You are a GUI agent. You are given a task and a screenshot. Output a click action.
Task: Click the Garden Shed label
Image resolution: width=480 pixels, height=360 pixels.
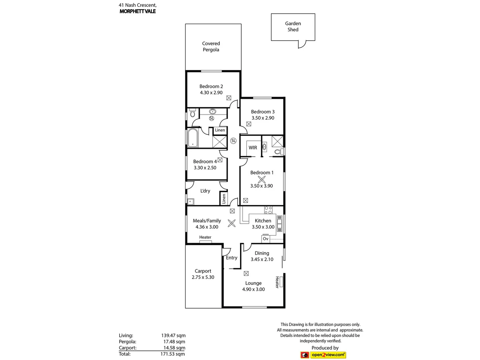click(293, 27)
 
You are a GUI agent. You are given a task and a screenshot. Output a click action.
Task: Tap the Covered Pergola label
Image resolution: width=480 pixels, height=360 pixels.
click(211, 47)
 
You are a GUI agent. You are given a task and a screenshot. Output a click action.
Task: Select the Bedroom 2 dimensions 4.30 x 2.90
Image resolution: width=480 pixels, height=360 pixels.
click(211, 93)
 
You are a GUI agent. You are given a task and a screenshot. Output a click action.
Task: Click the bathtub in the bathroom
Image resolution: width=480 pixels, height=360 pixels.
click(193, 138)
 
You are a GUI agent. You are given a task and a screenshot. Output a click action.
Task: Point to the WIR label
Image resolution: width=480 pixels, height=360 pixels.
click(253, 148)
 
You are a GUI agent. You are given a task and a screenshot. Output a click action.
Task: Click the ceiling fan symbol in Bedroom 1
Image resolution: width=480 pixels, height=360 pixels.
click(262, 179)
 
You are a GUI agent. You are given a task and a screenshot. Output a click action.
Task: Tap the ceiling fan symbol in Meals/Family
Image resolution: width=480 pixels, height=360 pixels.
click(232, 223)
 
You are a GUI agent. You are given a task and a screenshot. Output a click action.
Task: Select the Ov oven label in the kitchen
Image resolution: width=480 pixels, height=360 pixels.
click(266, 239)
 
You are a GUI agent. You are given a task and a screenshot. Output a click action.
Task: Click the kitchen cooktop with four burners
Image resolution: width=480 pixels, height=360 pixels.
click(268, 210)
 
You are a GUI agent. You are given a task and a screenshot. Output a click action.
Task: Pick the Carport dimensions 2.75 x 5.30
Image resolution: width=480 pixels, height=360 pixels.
click(203, 277)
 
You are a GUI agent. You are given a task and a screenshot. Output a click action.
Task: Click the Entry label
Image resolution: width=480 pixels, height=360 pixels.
click(232, 258)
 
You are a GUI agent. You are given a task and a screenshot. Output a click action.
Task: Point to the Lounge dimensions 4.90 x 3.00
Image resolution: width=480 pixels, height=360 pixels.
click(253, 289)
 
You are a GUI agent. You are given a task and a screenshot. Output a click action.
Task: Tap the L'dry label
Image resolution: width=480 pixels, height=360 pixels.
click(205, 191)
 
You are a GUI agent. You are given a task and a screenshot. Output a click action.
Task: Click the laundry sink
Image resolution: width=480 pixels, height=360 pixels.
click(191, 201)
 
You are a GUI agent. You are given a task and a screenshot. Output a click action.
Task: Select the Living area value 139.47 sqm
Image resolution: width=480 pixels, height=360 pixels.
click(173, 336)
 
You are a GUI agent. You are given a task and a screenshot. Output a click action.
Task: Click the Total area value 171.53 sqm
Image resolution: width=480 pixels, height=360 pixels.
click(173, 354)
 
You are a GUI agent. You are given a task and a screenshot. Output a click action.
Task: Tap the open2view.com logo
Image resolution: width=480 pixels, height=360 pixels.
click(328, 355)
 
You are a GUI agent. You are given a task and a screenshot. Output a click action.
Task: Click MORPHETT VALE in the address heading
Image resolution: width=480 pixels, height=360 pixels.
click(138, 11)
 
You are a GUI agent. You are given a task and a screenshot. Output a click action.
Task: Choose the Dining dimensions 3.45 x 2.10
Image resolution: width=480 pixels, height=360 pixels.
click(262, 259)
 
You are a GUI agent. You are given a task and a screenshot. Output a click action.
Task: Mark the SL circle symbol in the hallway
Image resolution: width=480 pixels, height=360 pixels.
click(233, 141)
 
